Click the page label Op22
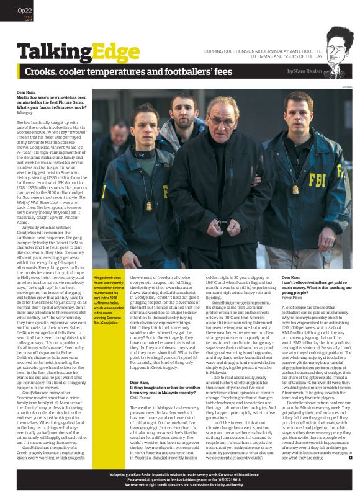tap(25, 10)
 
